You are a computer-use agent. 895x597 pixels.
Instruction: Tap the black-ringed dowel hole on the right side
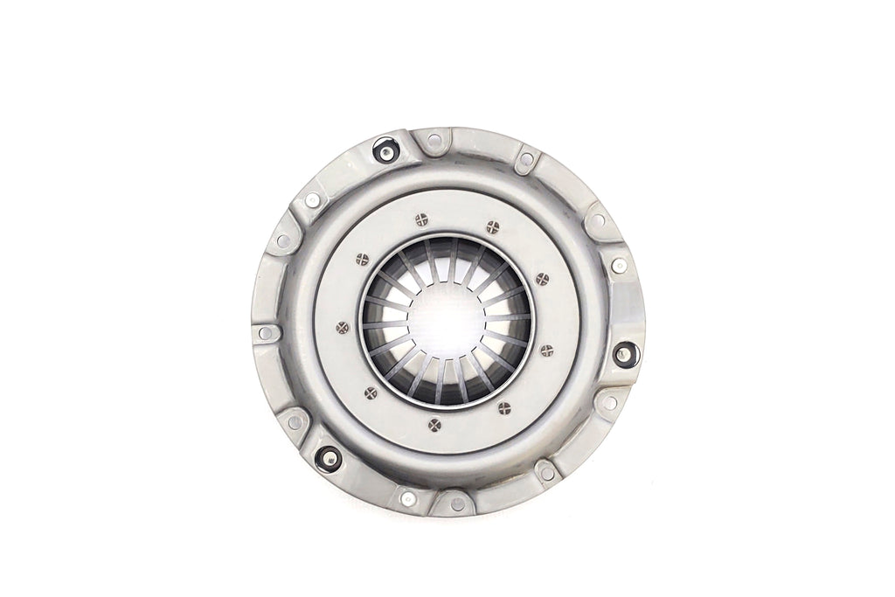[622, 354]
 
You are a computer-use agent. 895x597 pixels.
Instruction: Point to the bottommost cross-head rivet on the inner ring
[436, 425]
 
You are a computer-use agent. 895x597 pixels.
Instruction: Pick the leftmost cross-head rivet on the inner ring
[342, 327]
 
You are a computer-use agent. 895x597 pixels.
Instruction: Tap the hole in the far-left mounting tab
[266, 333]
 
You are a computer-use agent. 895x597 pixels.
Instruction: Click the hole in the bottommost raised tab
[457, 503]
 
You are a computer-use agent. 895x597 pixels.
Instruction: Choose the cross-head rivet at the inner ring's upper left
[363, 259]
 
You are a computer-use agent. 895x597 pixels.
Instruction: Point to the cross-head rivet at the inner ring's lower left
[371, 392]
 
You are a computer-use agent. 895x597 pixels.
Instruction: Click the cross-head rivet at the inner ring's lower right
[503, 407]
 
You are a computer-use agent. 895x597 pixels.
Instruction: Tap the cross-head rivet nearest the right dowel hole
[546, 351]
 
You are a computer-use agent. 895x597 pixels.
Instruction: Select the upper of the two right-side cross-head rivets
[542, 279]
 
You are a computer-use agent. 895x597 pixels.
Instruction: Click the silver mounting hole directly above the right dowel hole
[620, 265]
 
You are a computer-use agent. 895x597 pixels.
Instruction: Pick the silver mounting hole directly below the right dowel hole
[610, 403]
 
